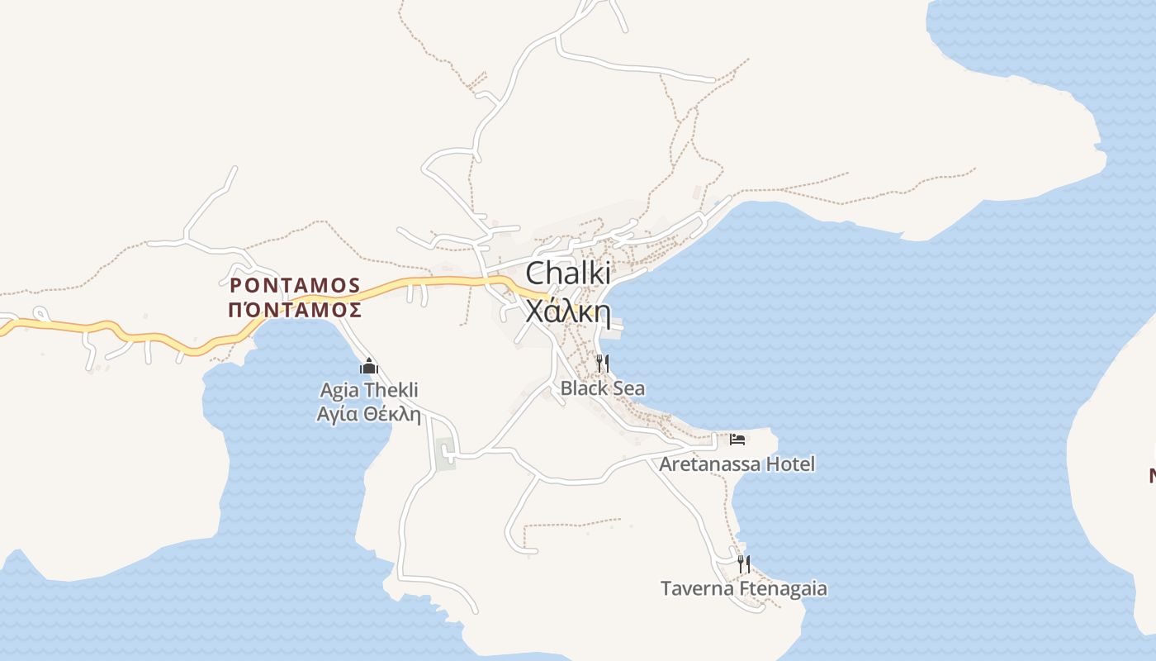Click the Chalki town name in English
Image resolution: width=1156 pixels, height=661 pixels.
pos(568,273)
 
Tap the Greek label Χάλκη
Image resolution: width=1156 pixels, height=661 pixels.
pos(568,312)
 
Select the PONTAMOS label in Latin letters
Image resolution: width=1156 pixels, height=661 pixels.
pos(295,286)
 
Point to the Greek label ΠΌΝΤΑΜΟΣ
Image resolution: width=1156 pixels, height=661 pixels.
pos(295,310)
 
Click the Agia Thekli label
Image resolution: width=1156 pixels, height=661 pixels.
pos(369,390)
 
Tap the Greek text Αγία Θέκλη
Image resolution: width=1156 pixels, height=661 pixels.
pos(369,414)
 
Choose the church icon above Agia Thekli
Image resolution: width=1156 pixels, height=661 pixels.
pos(369,366)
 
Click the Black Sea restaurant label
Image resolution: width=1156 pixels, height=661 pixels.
pos(603,388)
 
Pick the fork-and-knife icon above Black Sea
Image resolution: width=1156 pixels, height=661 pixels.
pos(603,363)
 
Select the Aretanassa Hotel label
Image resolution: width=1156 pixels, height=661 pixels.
pos(737,464)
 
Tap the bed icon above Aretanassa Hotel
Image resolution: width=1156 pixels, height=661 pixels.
pos(737,439)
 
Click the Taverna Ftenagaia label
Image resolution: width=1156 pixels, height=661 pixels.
pos(744,589)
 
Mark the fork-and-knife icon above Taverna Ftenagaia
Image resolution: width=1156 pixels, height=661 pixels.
pos(744,564)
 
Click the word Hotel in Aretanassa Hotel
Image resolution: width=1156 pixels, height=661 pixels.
pos(790,464)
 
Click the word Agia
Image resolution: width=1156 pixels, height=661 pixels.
pos(339,390)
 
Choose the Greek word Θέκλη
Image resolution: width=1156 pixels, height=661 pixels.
pos(391,414)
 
